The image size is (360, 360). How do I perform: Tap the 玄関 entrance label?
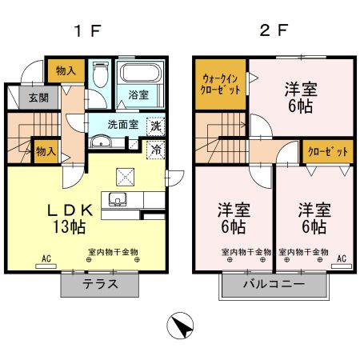(x=28, y=98)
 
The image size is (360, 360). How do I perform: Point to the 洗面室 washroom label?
(x=124, y=125)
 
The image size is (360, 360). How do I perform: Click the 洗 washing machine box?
(x=155, y=126)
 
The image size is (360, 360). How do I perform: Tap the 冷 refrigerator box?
(x=155, y=149)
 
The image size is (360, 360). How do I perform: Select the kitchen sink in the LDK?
(x=118, y=200)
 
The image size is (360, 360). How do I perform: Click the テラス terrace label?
(x=102, y=283)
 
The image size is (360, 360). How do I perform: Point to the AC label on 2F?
(x=342, y=258)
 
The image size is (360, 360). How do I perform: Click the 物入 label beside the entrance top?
(x=66, y=71)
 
